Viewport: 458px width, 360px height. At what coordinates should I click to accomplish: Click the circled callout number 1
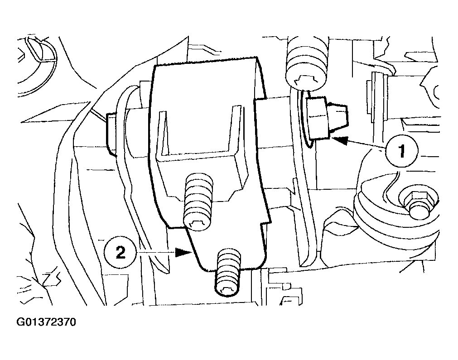(402, 151)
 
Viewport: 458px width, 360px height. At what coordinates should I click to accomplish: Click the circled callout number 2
(121, 252)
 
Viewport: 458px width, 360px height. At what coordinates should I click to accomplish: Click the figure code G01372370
(46, 322)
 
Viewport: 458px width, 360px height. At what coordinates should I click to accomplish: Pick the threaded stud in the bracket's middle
(198, 202)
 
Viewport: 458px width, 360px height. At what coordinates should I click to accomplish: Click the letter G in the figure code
(20, 322)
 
